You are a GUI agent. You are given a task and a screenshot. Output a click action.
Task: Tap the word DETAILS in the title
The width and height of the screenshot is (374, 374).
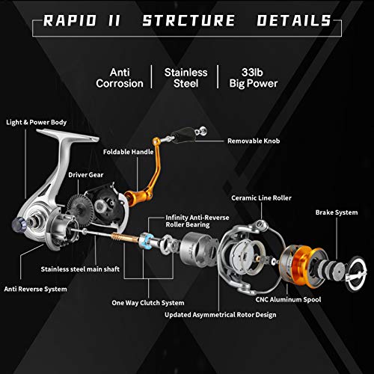(x=293, y=19)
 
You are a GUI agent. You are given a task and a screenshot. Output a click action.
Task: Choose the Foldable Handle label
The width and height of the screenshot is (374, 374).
(x=128, y=150)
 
